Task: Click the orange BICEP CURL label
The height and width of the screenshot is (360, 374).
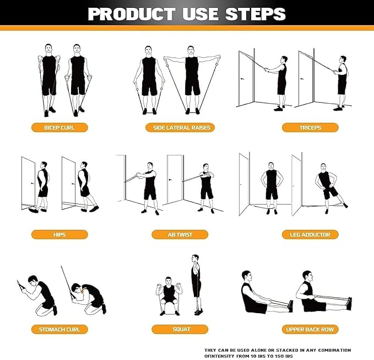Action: pyautogui.click(x=59, y=127)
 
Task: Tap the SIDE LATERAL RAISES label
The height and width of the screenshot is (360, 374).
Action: pyautogui.click(x=181, y=127)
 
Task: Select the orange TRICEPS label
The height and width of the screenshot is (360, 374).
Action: pyautogui.click(x=310, y=127)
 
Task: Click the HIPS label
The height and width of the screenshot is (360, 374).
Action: pyautogui.click(x=59, y=234)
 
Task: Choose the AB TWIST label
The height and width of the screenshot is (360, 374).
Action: pyautogui.click(x=180, y=234)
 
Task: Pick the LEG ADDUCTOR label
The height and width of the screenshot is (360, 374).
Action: pyautogui.click(x=310, y=234)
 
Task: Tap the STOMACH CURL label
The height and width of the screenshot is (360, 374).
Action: pyautogui.click(x=59, y=329)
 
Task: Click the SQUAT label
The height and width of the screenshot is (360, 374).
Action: pyautogui.click(x=181, y=329)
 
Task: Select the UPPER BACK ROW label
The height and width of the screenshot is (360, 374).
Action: pyautogui.click(x=310, y=329)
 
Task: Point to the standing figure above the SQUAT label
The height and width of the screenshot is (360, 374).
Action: pyautogui.click(x=195, y=284)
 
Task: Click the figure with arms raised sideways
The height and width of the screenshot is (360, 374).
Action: pyautogui.click(x=191, y=80)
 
